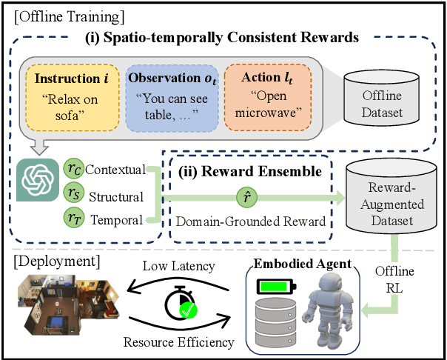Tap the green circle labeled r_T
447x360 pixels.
(x=73, y=220)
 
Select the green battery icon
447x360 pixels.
(x=274, y=286)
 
